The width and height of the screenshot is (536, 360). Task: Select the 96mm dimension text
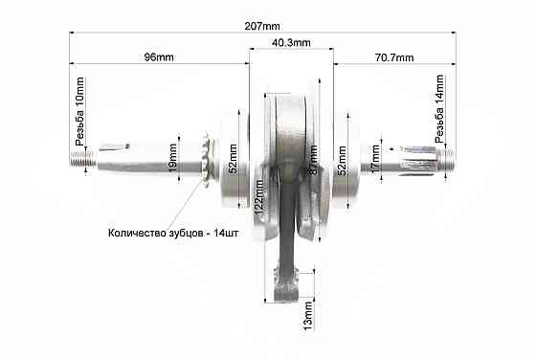click(158, 57)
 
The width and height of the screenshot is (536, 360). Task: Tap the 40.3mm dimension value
click(291, 44)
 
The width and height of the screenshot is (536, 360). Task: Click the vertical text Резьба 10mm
click(80, 111)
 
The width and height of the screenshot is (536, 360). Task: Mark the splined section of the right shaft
click(421, 157)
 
